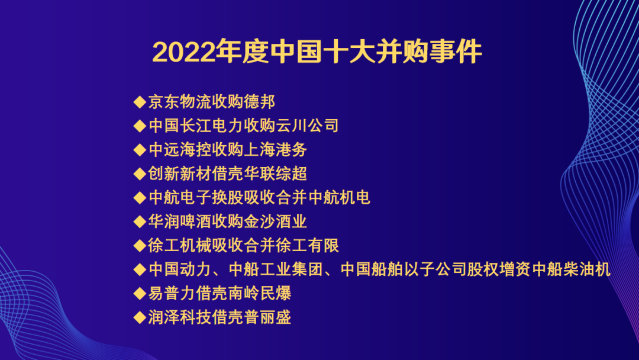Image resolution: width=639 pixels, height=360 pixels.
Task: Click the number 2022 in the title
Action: (x=183, y=52)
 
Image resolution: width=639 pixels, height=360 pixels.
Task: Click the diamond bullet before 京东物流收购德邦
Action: (x=140, y=102)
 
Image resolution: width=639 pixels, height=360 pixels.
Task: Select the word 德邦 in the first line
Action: (x=260, y=102)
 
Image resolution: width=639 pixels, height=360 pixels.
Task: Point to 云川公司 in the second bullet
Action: (x=308, y=126)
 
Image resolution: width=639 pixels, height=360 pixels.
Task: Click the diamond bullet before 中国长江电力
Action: (x=140, y=126)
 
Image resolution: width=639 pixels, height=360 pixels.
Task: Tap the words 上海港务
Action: (x=276, y=150)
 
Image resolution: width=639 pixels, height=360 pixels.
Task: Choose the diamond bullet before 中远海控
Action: (x=140, y=150)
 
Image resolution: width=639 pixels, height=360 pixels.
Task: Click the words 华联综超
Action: (x=276, y=173)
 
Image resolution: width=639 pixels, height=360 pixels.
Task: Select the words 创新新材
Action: (x=179, y=173)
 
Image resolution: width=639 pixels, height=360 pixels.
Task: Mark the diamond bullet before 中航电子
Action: (x=140, y=198)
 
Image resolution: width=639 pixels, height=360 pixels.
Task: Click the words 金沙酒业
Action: (x=276, y=222)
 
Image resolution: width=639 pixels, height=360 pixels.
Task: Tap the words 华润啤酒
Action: (x=179, y=222)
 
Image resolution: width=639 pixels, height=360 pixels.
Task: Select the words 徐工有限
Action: (x=308, y=246)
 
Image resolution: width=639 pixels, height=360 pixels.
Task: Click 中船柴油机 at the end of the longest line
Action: (x=572, y=269)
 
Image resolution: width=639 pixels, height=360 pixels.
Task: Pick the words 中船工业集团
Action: (x=276, y=269)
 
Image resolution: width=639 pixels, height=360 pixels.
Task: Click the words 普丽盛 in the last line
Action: (x=268, y=317)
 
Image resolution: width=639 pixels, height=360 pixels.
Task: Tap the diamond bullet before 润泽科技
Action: (x=140, y=317)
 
